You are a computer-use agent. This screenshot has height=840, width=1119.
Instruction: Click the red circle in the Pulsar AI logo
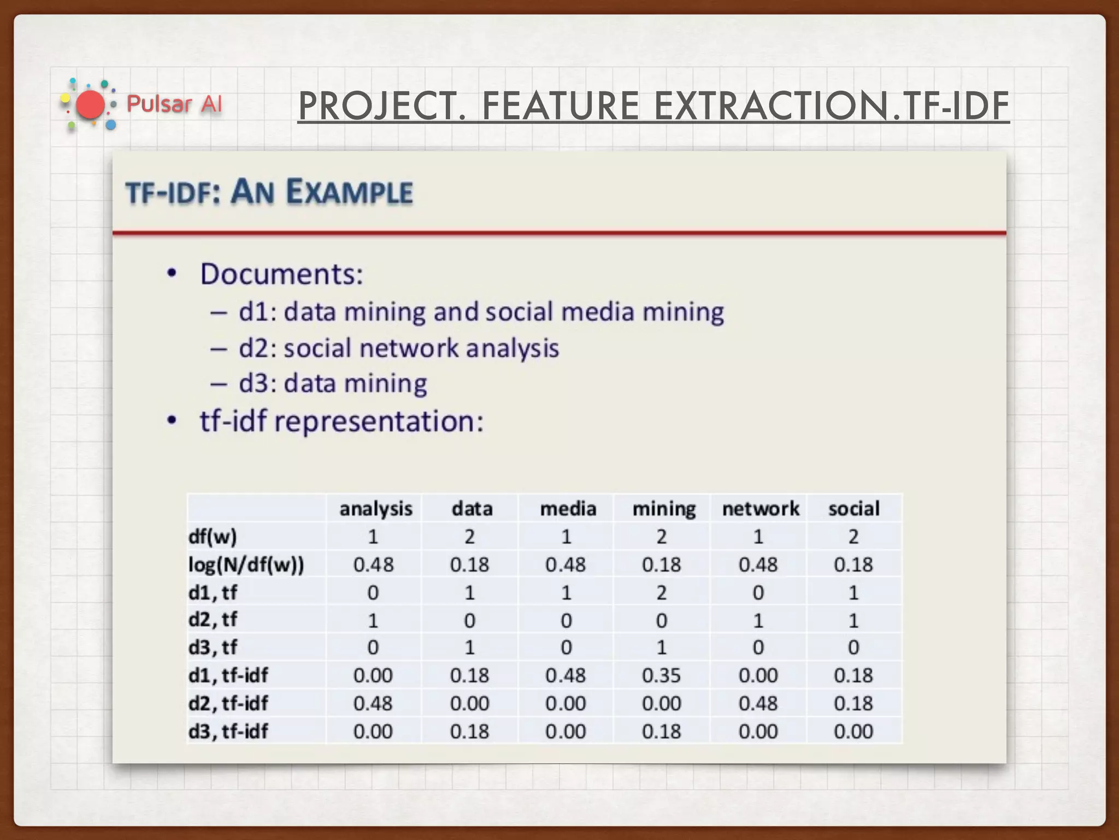pos(90,105)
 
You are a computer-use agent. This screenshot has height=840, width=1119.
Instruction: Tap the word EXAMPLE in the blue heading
pos(350,192)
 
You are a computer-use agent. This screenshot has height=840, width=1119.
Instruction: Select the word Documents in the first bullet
pos(281,274)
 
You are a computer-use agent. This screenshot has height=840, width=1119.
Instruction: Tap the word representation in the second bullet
pos(379,422)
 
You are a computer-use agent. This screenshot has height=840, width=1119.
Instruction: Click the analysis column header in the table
pos(375,509)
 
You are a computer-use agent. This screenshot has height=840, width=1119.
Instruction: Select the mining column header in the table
pos(664,509)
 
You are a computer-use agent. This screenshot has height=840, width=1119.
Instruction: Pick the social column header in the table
pos(853,509)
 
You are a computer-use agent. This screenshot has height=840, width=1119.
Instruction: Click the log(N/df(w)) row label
pos(246,564)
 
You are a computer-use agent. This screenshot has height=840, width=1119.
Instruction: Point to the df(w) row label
pos(213,536)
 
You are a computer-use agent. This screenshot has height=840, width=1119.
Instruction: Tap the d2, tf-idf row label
pos(228,703)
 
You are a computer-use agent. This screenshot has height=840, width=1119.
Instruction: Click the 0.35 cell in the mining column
pos(661,675)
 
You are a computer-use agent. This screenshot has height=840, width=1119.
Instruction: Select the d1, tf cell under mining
pos(661,592)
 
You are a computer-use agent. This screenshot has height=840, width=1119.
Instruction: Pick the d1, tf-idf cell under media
pos(566,675)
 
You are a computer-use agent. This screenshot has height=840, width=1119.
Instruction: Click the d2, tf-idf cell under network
pos(758,703)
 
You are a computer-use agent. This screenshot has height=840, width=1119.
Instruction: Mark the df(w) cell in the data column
pos(469,536)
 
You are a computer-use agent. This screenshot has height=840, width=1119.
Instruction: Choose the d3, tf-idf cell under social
pos(853,731)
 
